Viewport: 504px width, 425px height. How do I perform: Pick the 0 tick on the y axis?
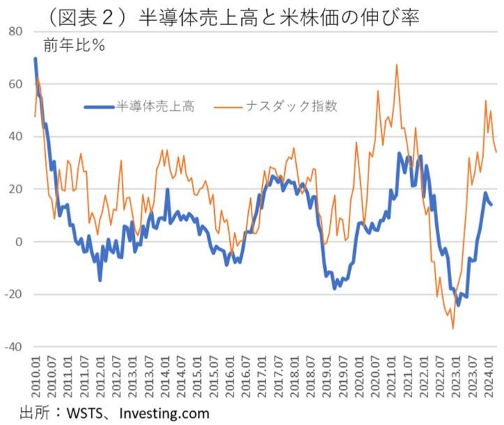tap(20, 242)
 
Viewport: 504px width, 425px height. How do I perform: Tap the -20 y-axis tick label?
tap(15, 295)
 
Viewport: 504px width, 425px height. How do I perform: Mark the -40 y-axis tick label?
tap(15, 347)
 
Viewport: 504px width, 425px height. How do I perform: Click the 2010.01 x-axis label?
tap(35, 374)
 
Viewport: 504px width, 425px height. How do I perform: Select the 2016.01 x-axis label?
tap(231, 374)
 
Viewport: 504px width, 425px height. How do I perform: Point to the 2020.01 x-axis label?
tap(361, 374)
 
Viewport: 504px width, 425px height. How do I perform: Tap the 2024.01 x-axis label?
tap(491, 374)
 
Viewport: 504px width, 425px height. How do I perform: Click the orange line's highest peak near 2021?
tap(396, 65)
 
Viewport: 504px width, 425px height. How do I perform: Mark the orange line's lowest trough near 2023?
tap(453, 328)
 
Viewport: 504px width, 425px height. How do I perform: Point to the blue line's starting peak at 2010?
tap(35, 59)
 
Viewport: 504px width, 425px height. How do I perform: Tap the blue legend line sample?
tap(99, 107)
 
